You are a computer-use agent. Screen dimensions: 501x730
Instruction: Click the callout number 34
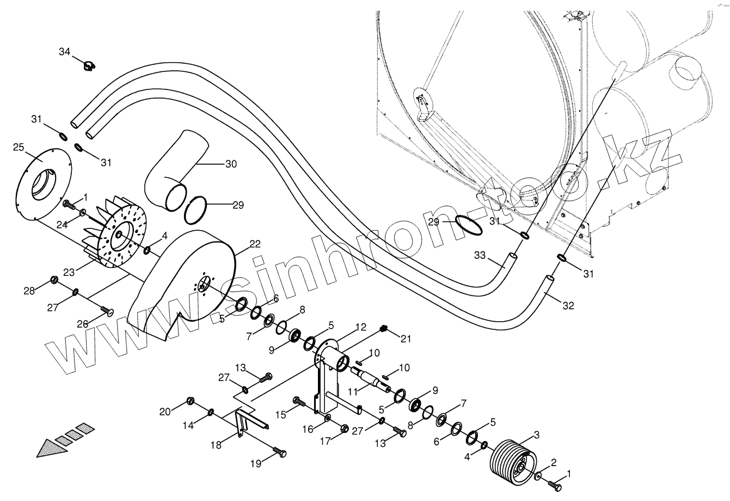[x=65, y=52]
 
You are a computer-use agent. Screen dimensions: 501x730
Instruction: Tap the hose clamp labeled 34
[x=88, y=67]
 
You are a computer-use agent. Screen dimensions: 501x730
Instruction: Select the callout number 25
[x=19, y=147]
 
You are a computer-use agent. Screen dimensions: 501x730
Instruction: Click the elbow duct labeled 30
[x=174, y=169]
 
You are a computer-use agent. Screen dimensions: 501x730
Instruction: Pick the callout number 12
[x=360, y=327]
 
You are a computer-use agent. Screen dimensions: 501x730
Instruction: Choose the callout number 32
[x=568, y=306]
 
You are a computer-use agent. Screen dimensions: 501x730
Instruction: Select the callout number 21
[x=406, y=339]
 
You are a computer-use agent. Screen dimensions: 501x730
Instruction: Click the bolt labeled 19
[x=280, y=453]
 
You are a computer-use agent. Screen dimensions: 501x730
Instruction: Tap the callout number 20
[x=165, y=411]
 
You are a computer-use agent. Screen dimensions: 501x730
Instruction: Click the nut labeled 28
[x=54, y=280]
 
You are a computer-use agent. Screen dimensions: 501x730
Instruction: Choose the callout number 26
[x=82, y=324]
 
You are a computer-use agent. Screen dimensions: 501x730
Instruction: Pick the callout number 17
[x=324, y=442]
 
